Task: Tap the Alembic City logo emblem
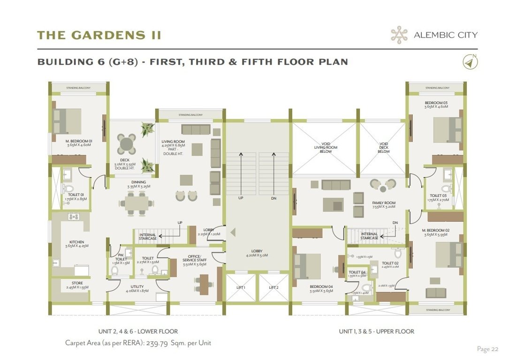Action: [399, 35]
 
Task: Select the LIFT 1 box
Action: [241, 288]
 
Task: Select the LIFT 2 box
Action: [273, 288]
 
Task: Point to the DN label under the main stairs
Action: [273, 198]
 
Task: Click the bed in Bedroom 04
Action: [307, 266]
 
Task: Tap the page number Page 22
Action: [487, 349]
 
